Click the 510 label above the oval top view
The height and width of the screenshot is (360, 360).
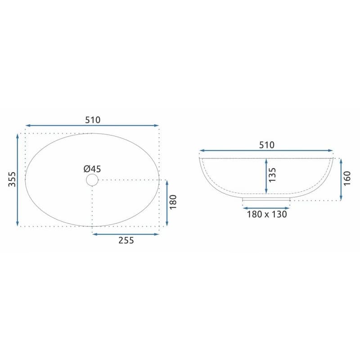pos(93,120)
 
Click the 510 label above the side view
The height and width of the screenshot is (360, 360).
pos(266,145)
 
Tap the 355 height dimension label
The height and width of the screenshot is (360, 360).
pos(12,179)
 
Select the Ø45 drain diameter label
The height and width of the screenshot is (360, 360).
pos(92,169)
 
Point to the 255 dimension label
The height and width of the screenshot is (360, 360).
pos(126,240)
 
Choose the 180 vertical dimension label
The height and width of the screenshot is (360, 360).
pos(173,202)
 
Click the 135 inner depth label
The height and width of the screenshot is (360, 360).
pos(272,175)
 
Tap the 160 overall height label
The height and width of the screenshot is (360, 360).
pos(346,178)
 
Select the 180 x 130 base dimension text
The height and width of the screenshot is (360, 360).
pos(267,214)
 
